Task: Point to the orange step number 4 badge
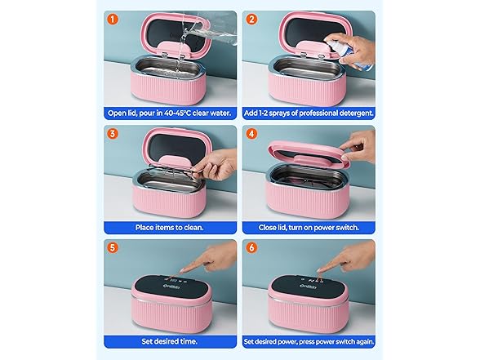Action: pos(252,135)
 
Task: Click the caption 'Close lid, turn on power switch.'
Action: pos(309,226)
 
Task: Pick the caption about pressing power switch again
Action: pos(309,341)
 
